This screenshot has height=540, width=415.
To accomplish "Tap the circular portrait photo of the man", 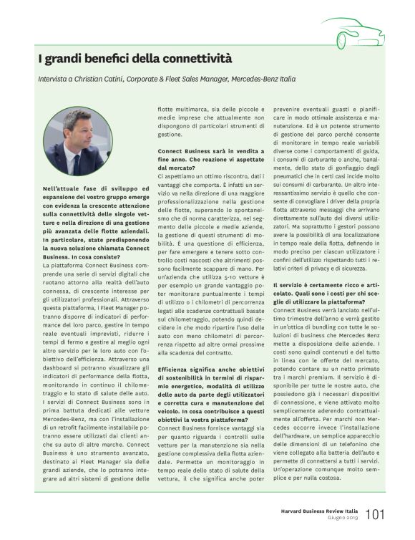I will [77, 141].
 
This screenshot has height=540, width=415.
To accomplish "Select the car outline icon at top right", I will [351, 32].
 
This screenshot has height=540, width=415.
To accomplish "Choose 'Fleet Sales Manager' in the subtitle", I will [197, 79].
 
